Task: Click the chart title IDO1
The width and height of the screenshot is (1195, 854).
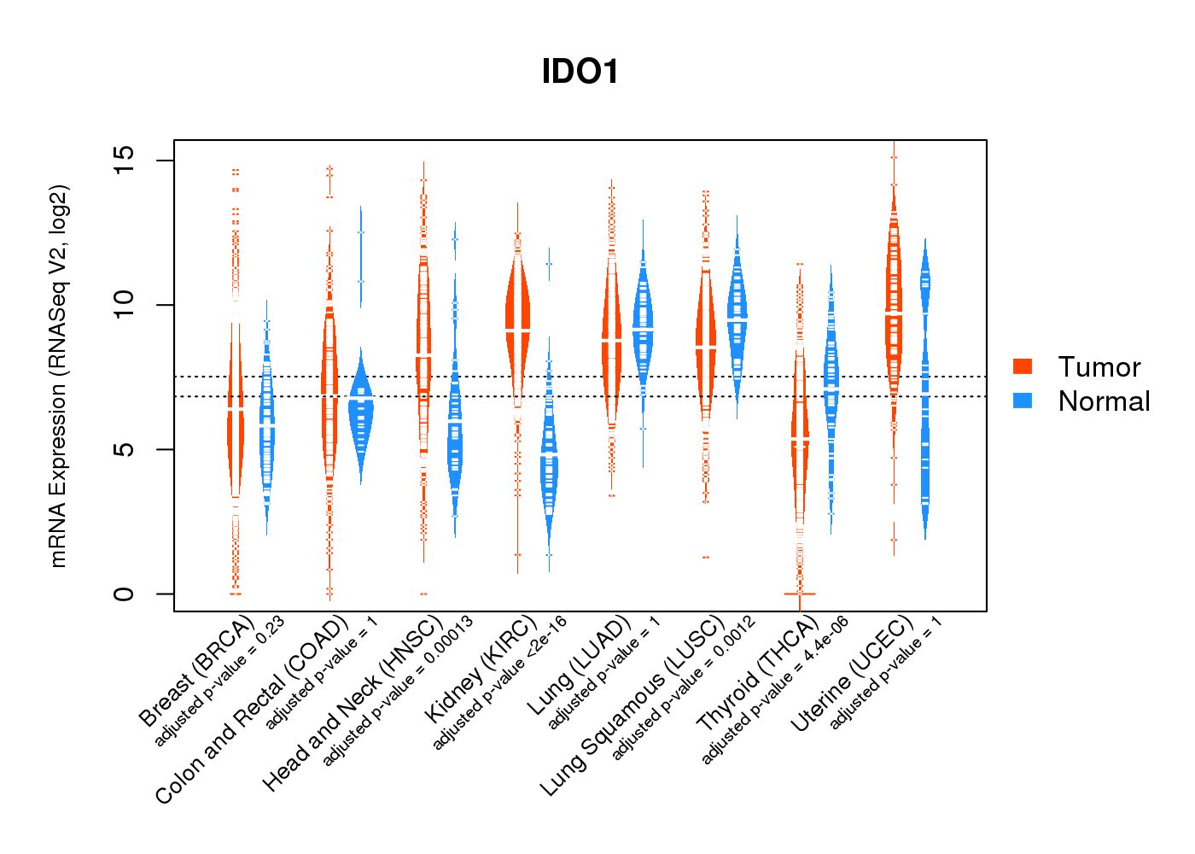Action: (x=580, y=72)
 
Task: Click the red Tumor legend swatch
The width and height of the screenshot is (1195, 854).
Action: (x=1023, y=366)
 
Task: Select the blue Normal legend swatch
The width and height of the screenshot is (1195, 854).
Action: (x=1023, y=401)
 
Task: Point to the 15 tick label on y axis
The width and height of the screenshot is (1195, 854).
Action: (x=124, y=160)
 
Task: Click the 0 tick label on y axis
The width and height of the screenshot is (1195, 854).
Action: (x=124, y=594)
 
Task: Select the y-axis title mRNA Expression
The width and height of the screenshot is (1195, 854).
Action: (x=58, y=377)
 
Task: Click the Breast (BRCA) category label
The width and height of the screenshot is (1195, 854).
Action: (x=196, y=671)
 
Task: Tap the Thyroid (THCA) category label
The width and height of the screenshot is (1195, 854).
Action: (x=758, y=673)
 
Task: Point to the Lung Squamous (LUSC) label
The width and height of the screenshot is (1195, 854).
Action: (x=632, y=705)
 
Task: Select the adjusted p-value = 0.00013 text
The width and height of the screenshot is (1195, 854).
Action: (x=398, y=691)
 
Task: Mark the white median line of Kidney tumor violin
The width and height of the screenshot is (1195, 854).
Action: (x=517, y=331)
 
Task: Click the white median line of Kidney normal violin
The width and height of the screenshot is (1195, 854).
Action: (x=549, y=453)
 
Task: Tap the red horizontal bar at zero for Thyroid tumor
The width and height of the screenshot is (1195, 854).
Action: (x=800, y=594)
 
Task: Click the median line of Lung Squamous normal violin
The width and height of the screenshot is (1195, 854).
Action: (x=737, y=318)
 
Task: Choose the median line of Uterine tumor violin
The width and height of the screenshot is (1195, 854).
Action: (x=895, y=313)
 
